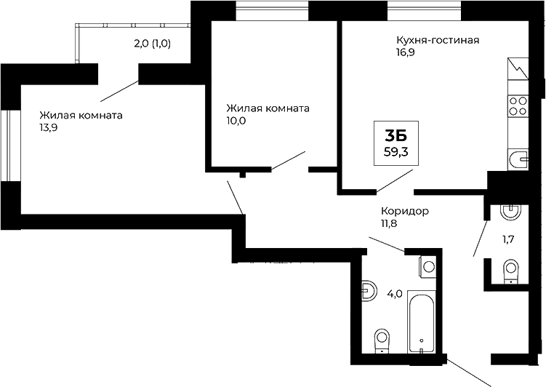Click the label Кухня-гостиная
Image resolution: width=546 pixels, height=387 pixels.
436,40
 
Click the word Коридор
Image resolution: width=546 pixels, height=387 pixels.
404,211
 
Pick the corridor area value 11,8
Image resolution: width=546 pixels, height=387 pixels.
390,223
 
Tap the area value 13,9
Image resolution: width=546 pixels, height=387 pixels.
49,128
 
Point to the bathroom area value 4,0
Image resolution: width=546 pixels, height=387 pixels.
395,294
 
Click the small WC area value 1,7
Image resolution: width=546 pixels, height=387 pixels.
510,239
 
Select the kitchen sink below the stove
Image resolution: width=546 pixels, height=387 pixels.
518,159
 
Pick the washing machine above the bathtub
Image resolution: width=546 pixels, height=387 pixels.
427,266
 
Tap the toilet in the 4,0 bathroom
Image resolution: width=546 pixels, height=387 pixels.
380,340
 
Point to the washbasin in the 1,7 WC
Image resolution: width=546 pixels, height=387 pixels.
511,212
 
